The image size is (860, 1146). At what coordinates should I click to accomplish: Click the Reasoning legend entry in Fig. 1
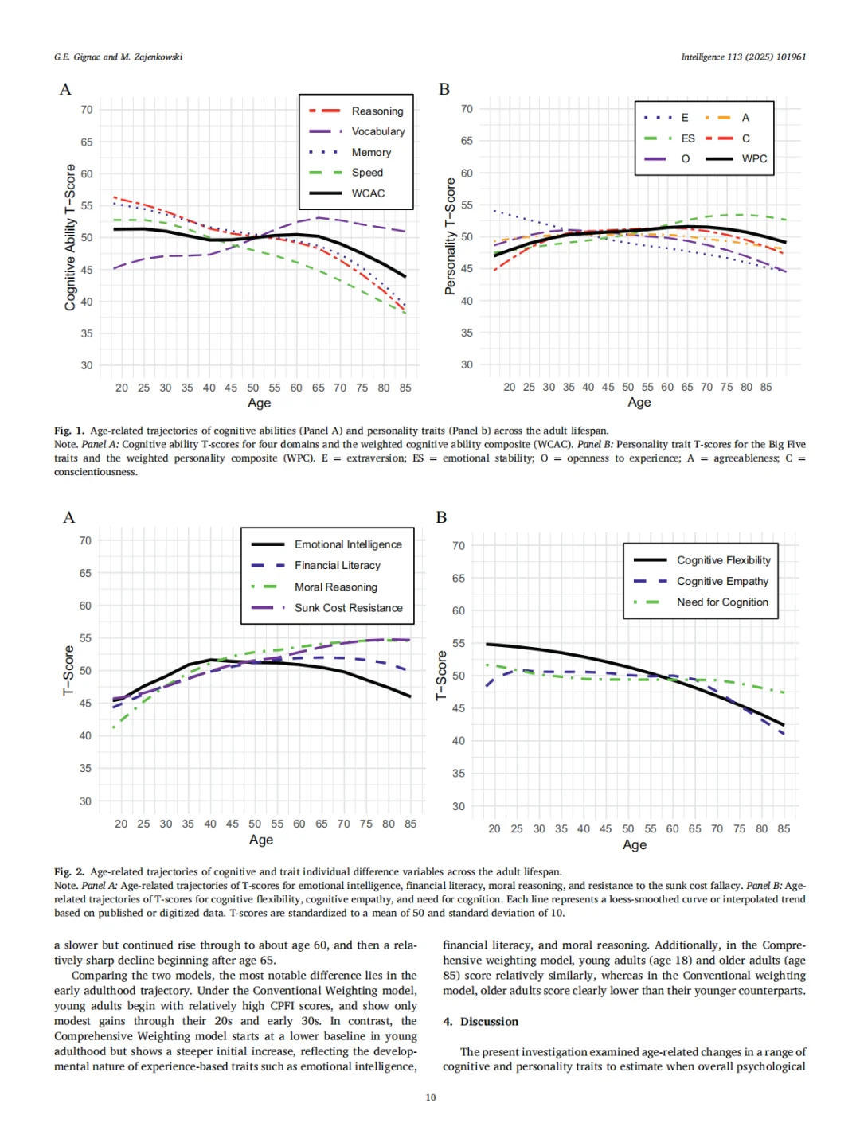coord(377,111)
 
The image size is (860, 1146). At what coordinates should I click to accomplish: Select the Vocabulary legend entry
coord(377,131)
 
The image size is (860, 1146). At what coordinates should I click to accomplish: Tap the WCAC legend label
coord(368,193)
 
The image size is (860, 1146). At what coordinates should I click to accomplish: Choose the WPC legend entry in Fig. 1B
coord(753,159)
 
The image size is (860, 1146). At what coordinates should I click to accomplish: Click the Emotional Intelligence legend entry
coord(347,544)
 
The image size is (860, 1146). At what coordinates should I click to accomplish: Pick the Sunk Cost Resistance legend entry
coord(348,608)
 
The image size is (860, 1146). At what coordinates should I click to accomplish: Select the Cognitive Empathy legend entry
coord(722,582)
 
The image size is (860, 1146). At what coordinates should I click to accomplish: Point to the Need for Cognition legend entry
coord(722,602)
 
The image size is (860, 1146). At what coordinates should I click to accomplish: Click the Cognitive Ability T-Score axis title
coord(70,237)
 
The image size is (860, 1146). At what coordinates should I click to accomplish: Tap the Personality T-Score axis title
coord(450,236)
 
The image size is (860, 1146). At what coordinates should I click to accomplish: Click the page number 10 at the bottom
coord(431,1097)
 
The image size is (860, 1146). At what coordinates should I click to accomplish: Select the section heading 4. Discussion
coord(480,1022)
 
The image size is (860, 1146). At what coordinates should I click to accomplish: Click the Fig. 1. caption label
coord(69,431)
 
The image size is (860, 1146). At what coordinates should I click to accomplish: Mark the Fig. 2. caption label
coord(69,872)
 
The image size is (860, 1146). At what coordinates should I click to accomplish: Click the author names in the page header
coord(118,57)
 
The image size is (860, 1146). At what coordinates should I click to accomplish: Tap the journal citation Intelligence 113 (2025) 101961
coord(743,57)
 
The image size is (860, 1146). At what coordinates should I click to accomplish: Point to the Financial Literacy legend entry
coord(337,566)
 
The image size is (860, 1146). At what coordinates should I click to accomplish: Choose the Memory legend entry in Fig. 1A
coord(371,152)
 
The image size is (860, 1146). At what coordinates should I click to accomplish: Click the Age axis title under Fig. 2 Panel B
coord(635,845)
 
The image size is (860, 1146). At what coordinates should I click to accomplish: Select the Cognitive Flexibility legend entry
coord(723,560)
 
